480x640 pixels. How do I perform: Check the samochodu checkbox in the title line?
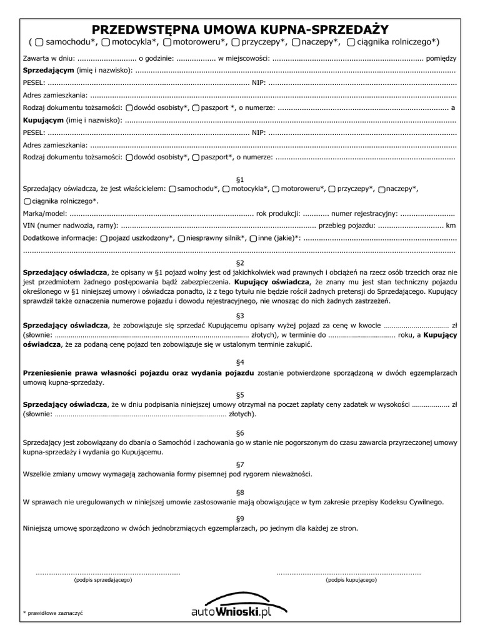point(39,42)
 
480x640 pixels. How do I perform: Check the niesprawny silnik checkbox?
point(181,238)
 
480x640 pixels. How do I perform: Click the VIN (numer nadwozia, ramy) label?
point(69,225)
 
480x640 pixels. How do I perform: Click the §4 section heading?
point(241,362)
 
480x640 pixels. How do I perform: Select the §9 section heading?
point(241,518)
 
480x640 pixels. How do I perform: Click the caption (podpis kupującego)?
point(351,580)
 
